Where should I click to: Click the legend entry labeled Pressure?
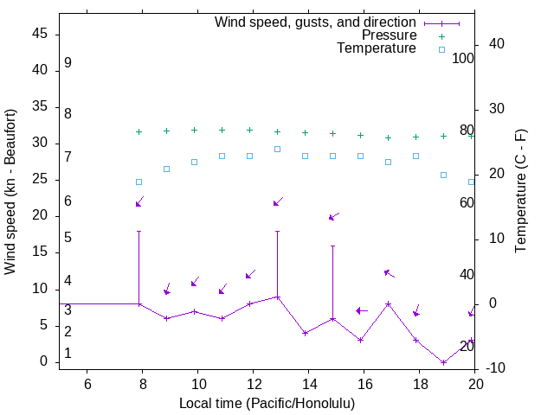click(x=389, y=35)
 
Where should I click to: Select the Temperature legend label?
click(x=377, y=48)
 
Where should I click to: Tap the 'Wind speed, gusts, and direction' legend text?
click(x=316, y=22)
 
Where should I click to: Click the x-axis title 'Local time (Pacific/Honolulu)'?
click(x=267, y=404)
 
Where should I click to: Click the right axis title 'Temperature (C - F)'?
click(x=520, y=191)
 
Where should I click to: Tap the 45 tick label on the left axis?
click(x=39, y=34)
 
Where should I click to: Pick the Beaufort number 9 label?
click(x=68, y=63)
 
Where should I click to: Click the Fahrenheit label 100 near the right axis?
click(x=463, y=59)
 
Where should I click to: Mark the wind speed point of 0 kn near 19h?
click(x=443, y=362)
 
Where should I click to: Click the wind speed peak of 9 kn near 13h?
click(x=277, y=297)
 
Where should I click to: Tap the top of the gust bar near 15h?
click(x=332, y=246)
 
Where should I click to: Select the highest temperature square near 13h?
click(x=277, y=149)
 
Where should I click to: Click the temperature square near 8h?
click(x=138, y=182)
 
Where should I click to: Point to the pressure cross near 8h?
click(x=138, y=132)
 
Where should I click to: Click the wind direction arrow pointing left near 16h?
click(x=362, y=310)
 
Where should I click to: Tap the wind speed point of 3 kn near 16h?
click(x=360, y=340)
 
